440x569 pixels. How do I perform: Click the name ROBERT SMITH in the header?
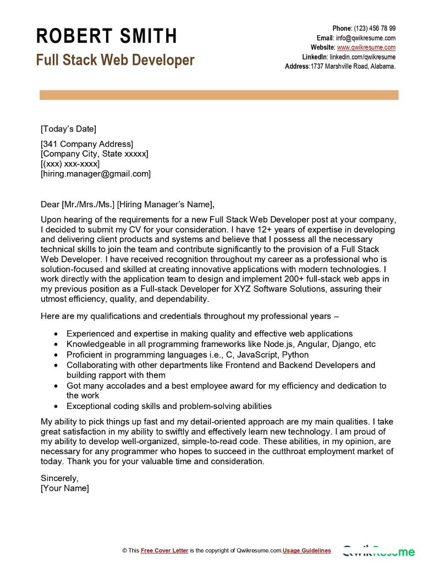point(107,36)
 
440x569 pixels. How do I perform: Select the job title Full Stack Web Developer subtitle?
point(115,60)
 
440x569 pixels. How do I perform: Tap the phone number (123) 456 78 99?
point(375,29)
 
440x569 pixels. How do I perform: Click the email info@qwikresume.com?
point(366,38)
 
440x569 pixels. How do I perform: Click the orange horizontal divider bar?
point(219,96)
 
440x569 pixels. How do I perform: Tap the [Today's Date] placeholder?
point(68,129)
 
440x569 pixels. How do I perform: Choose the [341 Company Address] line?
point(87,144)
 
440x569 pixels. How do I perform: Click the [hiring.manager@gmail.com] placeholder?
point(96,174)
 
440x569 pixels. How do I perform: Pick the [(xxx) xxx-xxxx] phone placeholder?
point(70,164)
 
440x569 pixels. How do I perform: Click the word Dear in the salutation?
point(50,205)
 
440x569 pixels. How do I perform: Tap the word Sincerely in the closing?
point(60,478)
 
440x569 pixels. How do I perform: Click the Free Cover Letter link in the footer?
point(164,550)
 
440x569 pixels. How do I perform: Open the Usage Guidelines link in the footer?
point(307,550)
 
